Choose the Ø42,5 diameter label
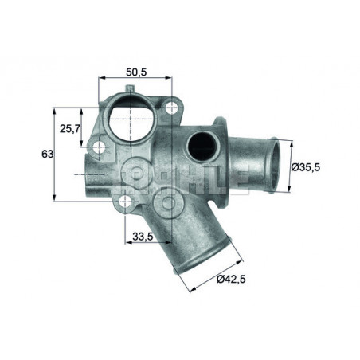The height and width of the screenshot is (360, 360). tap(232, 280)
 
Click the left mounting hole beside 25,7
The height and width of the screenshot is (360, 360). tap(99, 148)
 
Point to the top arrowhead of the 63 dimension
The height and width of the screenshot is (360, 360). tap(54, 109)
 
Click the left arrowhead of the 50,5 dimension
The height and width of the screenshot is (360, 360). tap(101, 79)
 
